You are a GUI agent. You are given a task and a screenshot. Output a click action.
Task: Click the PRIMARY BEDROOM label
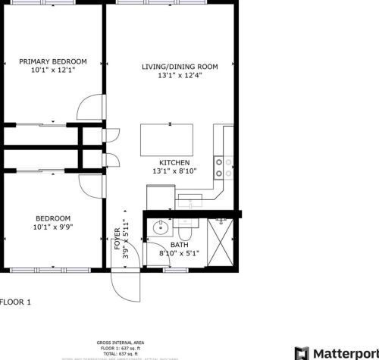53,61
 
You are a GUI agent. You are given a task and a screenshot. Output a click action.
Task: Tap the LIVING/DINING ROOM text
180,67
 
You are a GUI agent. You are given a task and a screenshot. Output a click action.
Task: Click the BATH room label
179,244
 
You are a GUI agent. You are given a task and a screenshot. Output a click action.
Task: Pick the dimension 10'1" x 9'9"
52,226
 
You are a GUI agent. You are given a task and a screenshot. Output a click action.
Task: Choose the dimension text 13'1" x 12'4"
180,76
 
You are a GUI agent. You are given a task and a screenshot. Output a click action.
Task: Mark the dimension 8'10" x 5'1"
179,253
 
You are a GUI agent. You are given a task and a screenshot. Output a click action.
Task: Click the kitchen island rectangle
167,139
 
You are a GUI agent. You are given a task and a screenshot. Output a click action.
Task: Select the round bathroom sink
160,226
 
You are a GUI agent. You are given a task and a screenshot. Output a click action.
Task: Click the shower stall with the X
221,242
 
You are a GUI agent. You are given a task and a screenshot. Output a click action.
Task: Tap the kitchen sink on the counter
189,198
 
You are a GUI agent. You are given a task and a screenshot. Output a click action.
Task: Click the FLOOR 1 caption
15,302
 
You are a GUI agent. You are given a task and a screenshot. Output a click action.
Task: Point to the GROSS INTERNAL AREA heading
119,342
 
